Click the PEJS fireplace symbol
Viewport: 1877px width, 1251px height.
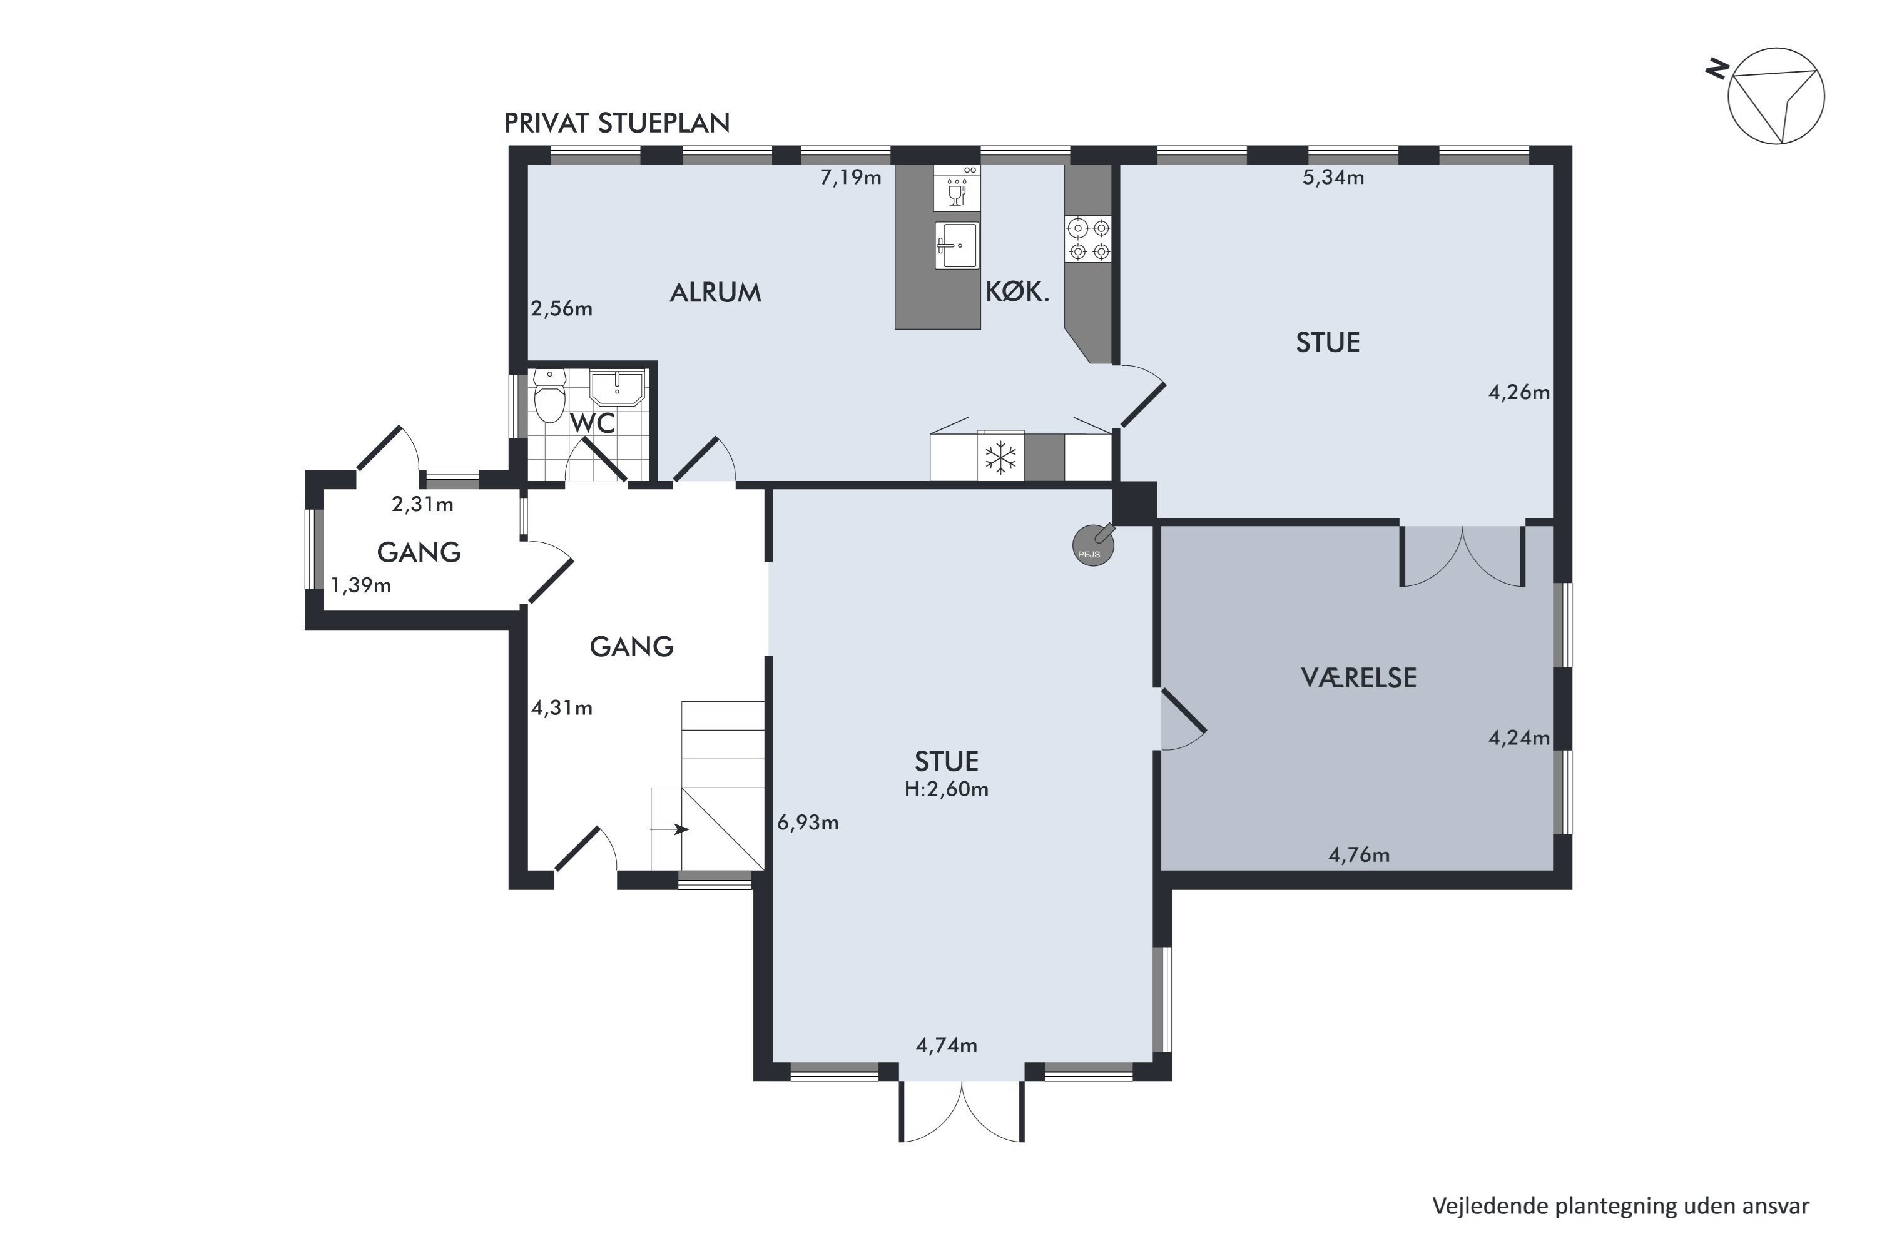click(1092, 545)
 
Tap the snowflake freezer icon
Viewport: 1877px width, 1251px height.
click(1000, 458)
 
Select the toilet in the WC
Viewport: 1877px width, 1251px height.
click(549, 395)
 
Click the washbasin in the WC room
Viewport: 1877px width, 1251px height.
click(617, 388)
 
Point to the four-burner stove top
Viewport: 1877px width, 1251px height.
click(1089, 240)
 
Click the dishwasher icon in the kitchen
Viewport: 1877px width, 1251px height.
click(957, 188)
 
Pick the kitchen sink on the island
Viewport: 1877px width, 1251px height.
click(956, 246)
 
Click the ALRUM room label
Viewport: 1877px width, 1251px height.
click(715, 293)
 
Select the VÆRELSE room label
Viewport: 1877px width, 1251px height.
click(1359, 677)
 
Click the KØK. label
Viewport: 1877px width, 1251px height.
click(1017, 291)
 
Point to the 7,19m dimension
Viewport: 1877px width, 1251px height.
click(851, 177)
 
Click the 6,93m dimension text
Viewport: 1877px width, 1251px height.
click(808, 823)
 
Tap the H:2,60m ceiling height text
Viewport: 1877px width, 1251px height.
click(947, 789)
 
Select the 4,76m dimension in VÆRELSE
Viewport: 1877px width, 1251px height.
click(1359, 855)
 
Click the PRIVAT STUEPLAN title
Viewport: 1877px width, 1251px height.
click(617, 123)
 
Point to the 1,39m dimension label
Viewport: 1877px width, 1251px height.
click(361, 585)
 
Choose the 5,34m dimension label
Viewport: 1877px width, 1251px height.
click(1333, 177)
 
